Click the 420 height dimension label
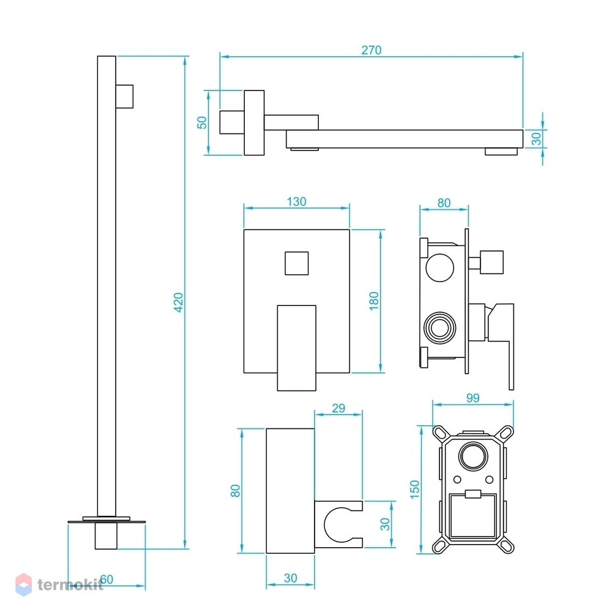pyautogui.click(x=178, y=302)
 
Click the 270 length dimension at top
pyautogui.click(x=371, y=50)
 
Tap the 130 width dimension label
pyautogui.click(x=297, y=202)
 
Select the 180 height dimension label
pyautogui.click(x=374, y=301)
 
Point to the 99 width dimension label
pyautogui.click(x=472, y=398)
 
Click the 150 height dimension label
pyautogui.click(x=414, y=490)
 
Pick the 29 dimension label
pyautogui.click(x=338, y=408)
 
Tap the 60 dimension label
pyautogui.click(x=106, y=579)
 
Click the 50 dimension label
pyautogui.click(x=202, y=122)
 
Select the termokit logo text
pyautogui.click(x=70, y=584)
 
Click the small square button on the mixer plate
pyautogui.click(x=297, y=263)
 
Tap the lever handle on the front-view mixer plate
pyautogui.click(x=297, y=348)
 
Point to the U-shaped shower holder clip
pyautogui.click(x=339, y=524)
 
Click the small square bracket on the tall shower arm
pyautogui.click(x=124, y=97)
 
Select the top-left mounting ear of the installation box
pyautogui.click(x=441, y=434)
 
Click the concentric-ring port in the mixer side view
pyautogui.click(x=440, y=328)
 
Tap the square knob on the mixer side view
pyautogui.click(x=492, y=263)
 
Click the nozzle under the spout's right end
pyautogui.click(x=502, y=151)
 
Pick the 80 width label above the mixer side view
pyautogui.click(x=444, y=203)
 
